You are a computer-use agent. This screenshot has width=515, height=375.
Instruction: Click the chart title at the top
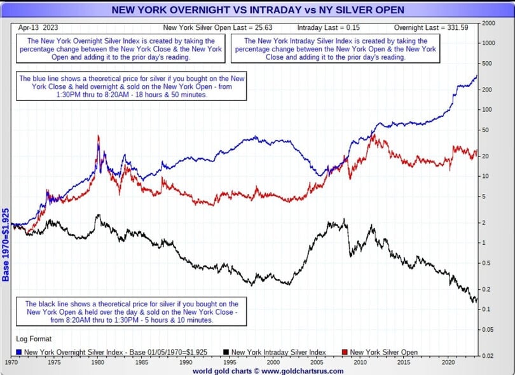tap(257, 10)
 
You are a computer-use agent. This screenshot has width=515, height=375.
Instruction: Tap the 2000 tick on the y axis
tap(488, 23)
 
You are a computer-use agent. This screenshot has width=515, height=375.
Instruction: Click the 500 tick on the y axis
tap(487, 64)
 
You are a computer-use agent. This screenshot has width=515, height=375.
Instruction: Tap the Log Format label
tap(34, 339)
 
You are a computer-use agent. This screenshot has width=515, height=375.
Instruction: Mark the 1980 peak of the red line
tap(98, 135)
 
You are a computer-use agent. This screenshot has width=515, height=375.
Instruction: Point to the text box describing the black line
tap(132, 312)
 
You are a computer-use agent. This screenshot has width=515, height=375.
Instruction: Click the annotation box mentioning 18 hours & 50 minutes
tap(132, 86)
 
